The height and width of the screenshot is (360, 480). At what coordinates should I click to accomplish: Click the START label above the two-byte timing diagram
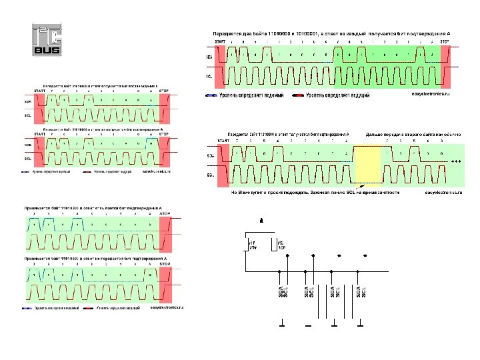point(219,41)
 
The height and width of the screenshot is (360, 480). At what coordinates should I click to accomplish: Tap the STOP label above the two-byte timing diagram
point(445,41)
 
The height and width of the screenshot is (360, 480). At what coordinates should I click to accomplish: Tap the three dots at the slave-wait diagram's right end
point(456,162)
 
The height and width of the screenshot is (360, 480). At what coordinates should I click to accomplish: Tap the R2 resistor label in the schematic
point(281,245)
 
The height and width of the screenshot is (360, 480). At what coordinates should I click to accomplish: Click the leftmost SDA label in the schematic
point(280,292)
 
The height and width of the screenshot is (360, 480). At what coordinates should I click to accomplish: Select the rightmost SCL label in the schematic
point(365,292)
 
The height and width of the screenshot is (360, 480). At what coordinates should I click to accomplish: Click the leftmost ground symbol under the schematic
point(283,325)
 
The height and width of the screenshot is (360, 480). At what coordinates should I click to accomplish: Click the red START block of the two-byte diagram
point(221,67)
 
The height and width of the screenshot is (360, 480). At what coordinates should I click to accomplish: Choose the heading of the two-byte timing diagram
point(332,33)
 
